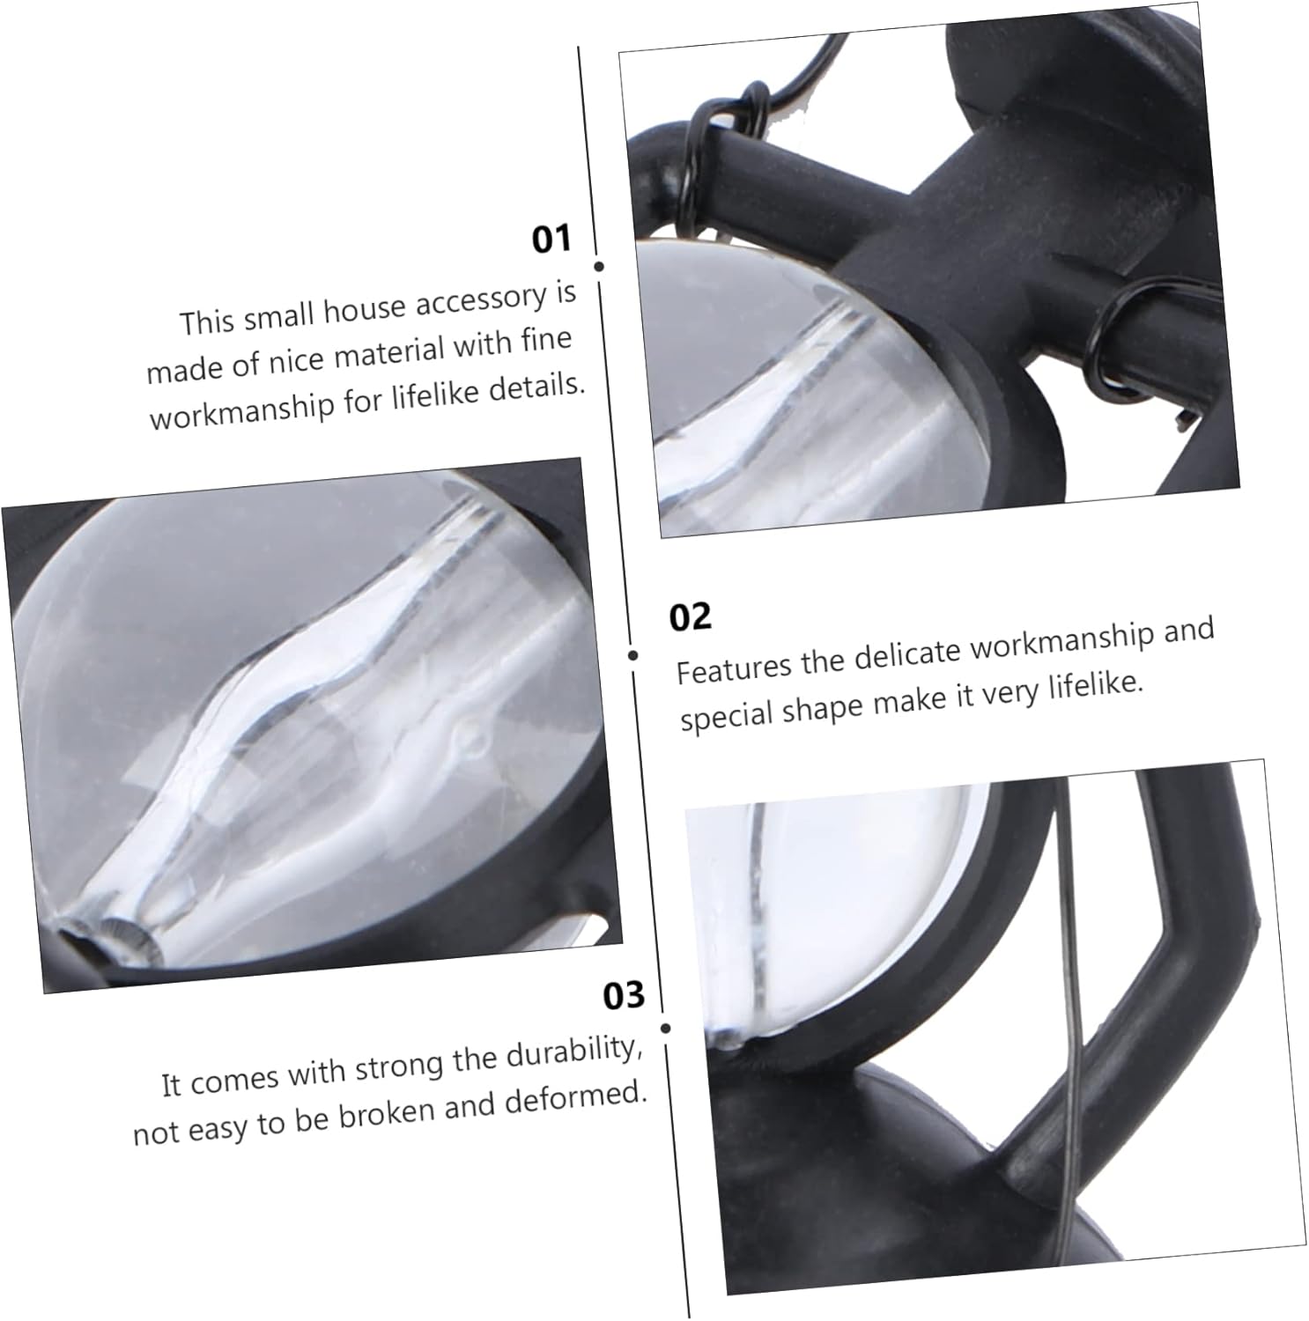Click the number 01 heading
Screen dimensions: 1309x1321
click(551, 239)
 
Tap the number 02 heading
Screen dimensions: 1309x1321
click(690, 616)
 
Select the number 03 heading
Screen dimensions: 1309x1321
click(624, 995)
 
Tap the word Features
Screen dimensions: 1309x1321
click(735, 667)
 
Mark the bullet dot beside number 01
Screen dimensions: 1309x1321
click(599, 266)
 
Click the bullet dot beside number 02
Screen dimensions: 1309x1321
click(633, 655)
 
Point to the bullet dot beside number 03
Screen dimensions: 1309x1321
click(666, 1028)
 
